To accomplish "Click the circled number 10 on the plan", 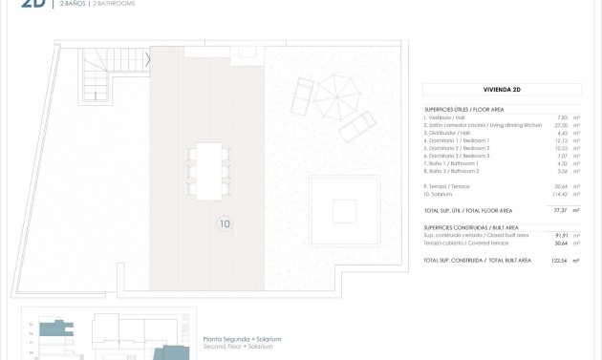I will pos(225,224).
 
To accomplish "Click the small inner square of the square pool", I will pos(343,209).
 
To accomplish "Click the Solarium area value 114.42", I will pos(561,194).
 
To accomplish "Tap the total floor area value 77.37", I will pos(560,210).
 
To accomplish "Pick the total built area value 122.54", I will pos(560,260).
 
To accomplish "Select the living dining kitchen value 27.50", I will pos(562,125).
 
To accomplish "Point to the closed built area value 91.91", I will pos(562,235).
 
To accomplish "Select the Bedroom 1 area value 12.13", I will pos(562,140).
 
